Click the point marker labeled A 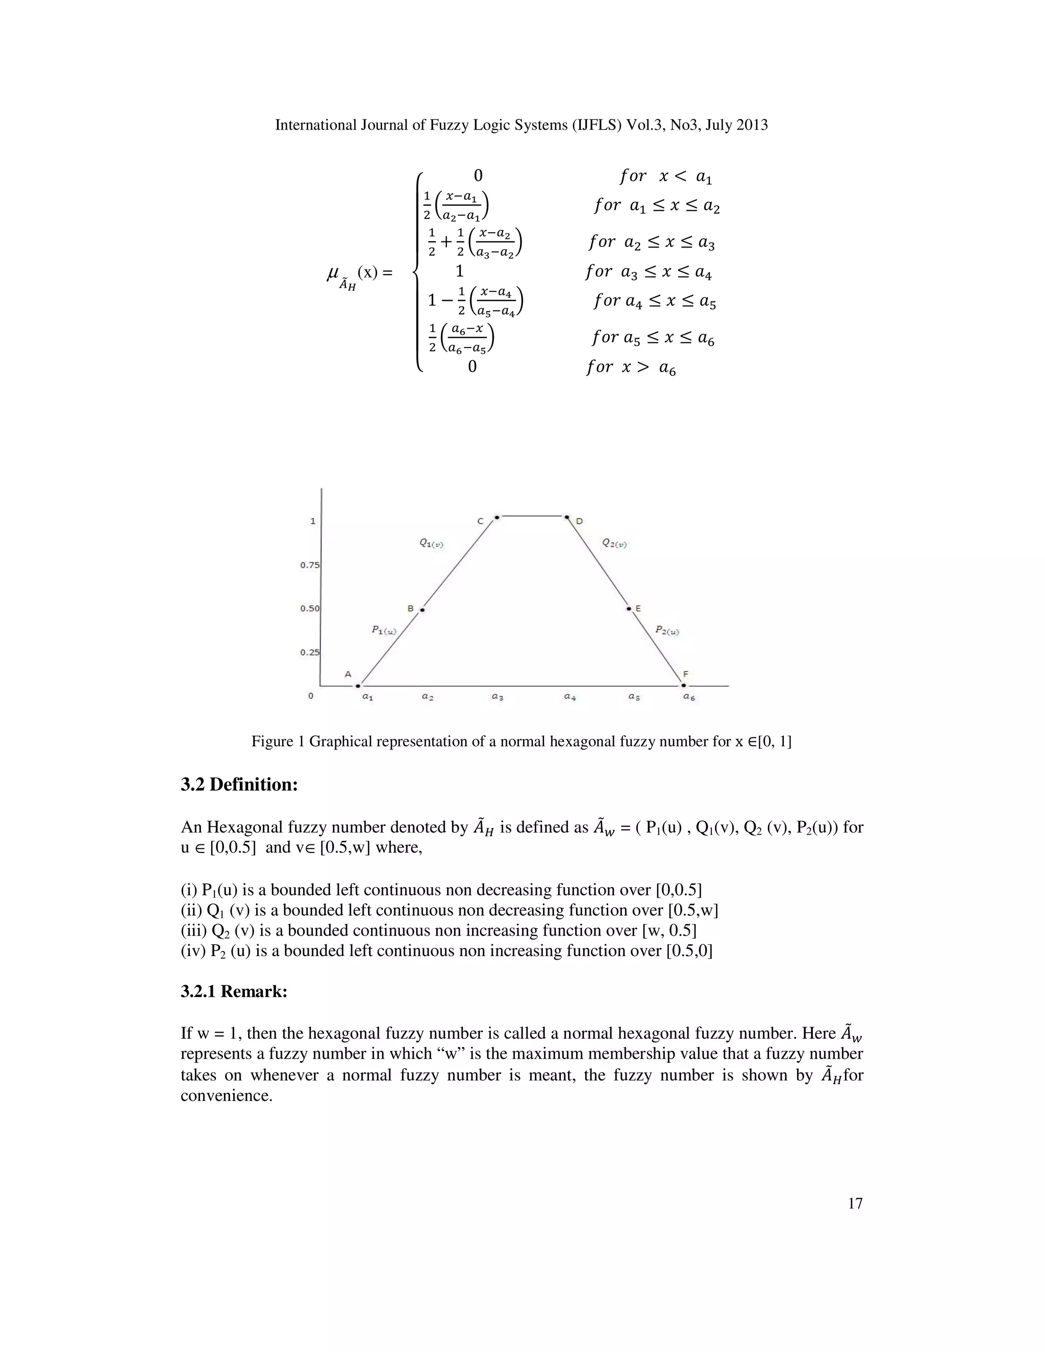pos(358,685)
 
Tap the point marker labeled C pos(496,516)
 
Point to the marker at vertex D pos(567,516)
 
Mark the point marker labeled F pos(683,685)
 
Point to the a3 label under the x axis pos(497,697)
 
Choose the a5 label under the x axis pos(634,697)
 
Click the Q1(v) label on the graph pos(432,543)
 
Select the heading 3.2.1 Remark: pos(234,991)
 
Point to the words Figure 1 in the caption pos(278,741)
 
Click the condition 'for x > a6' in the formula pos(631,368)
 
